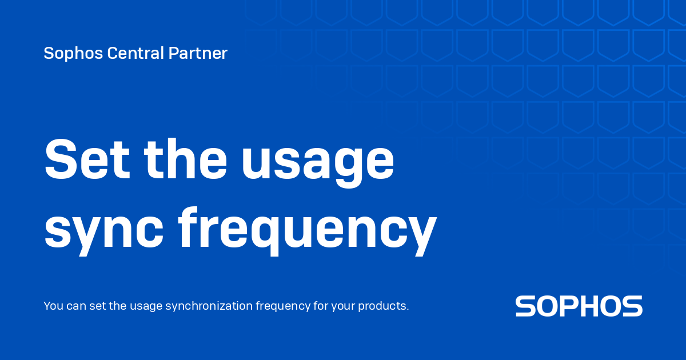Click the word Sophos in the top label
pos(65,54)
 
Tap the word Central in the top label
pos(127,54)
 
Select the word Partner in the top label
pos(198,54)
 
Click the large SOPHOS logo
pos(579,306)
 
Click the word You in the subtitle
pos(53,306)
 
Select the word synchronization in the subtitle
pos(209,306)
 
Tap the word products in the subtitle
pos(383,306)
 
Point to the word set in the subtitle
pos(98,306)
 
